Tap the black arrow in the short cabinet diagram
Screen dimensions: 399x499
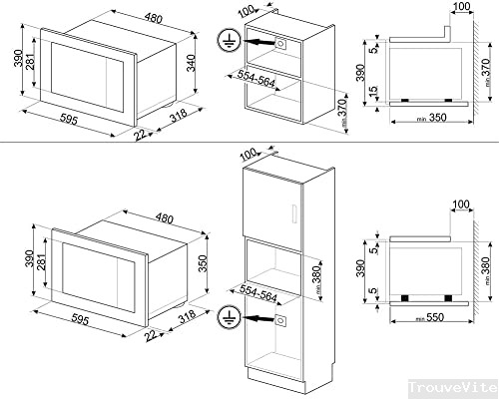[258, 43]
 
